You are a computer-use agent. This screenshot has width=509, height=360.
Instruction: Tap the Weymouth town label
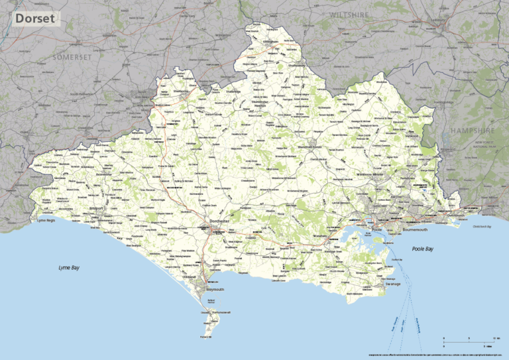[216, 290]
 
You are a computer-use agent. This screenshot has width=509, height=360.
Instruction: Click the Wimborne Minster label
[372, 174]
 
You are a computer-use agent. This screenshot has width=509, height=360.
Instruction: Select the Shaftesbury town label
[295, 66]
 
